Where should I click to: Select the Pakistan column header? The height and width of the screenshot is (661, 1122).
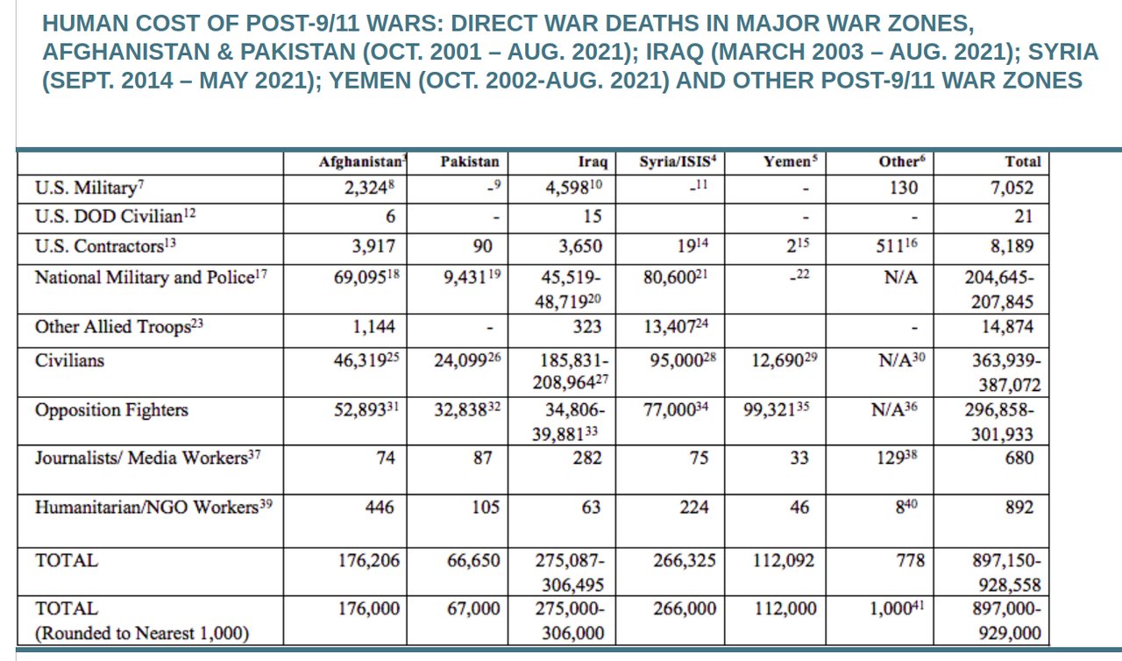pos(470,161)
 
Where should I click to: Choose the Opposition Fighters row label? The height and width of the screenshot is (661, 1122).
pos(99,410)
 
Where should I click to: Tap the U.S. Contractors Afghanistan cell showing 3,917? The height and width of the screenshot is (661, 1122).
pos(373,246)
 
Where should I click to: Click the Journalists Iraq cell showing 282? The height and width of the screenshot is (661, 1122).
pos(586,458)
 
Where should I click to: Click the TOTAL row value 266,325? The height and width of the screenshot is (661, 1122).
pos(685,560)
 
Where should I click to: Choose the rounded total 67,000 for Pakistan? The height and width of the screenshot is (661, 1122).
pos(472,608)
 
